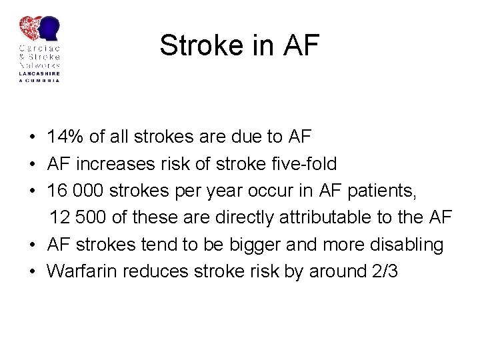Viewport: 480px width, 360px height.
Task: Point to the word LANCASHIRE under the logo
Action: [39, 73]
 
